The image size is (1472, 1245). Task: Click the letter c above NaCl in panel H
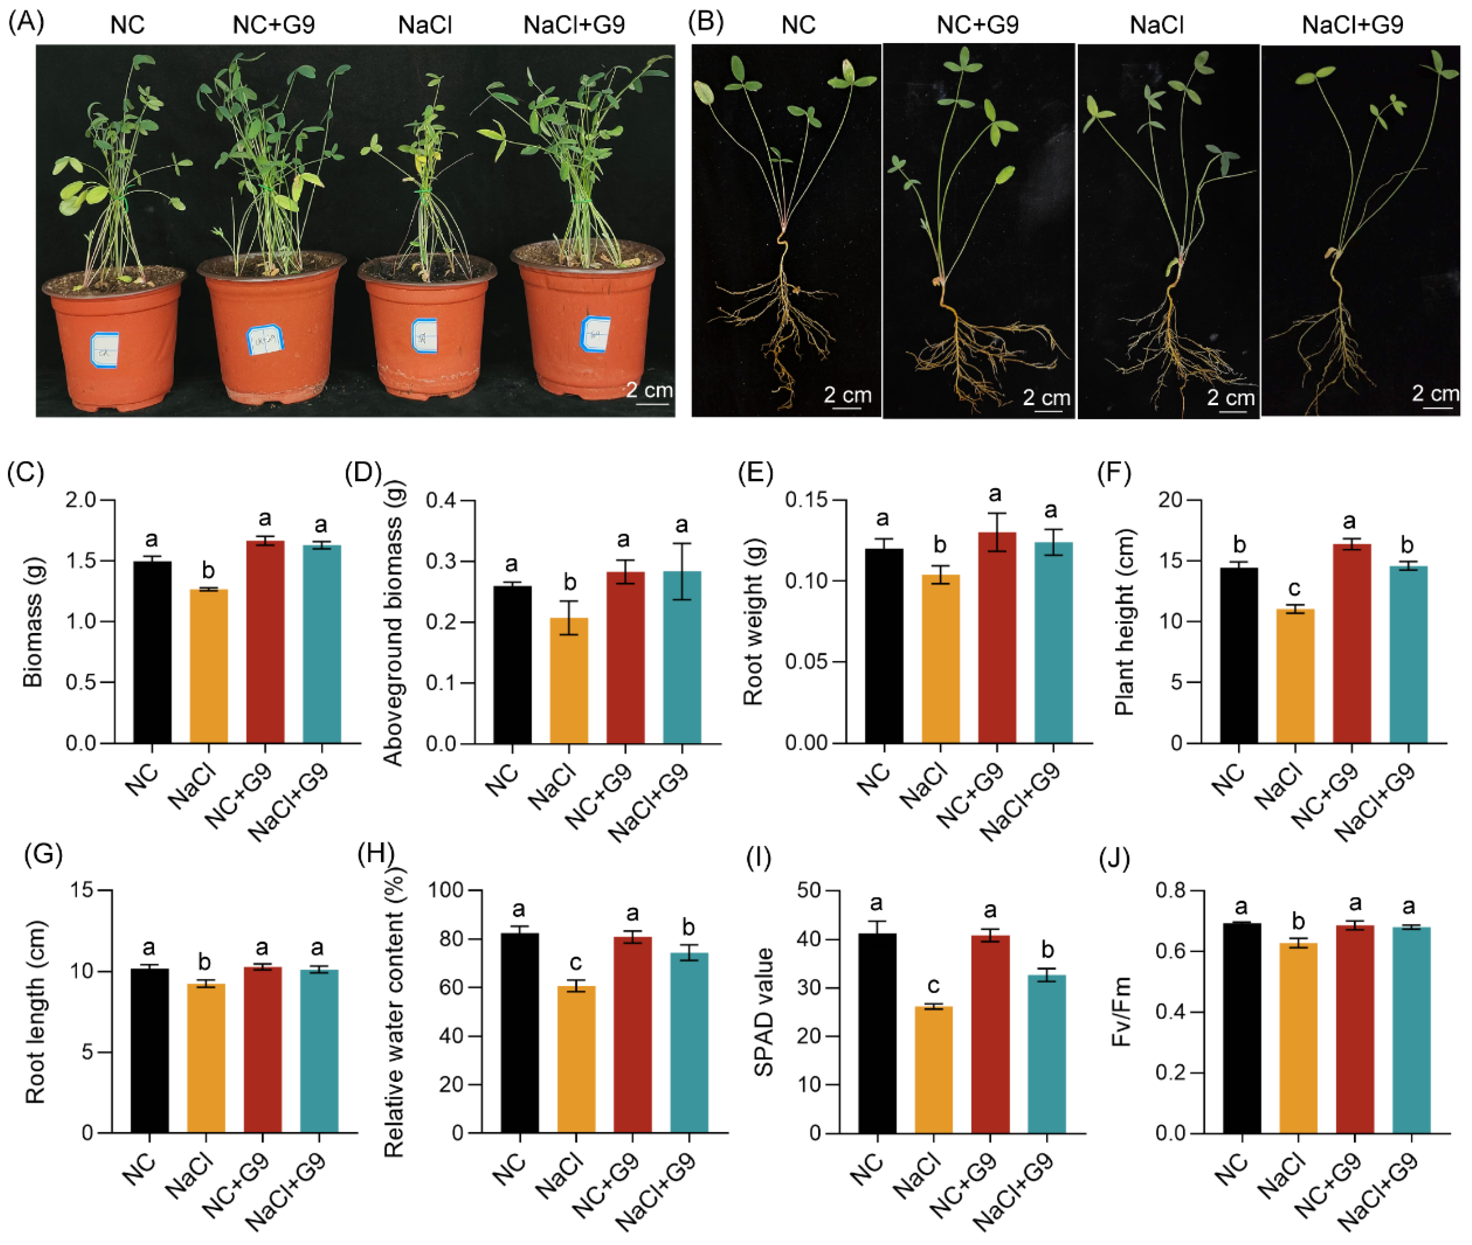(575, 963)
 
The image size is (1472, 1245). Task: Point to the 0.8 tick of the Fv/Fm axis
(1171, 891)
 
